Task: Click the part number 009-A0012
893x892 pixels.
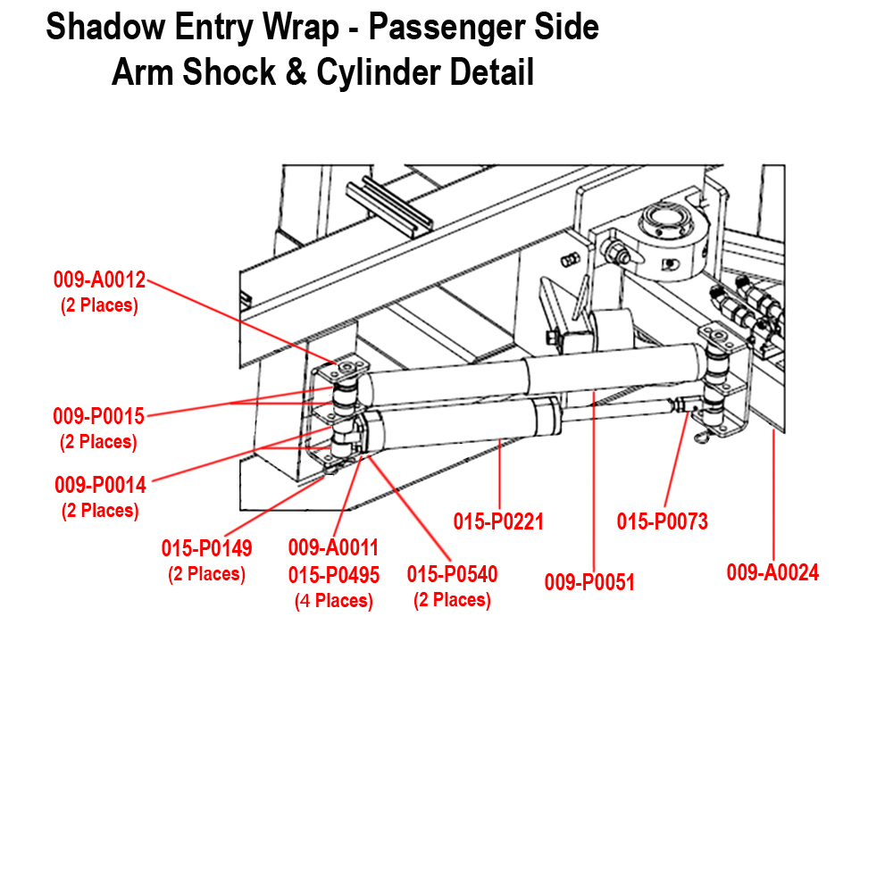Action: click(x=99, y=279)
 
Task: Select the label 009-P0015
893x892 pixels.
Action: click(x=98, y=416)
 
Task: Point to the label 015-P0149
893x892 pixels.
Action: click(x=206, y=548)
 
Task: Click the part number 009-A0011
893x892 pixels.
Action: click(x=333, y=547)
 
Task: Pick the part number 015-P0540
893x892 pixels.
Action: click(x=452, y=574)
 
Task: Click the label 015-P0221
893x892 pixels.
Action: click(x=498, y=521)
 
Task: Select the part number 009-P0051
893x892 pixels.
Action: click(x=589, y=583)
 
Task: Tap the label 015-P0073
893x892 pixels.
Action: click(x=662, y=521)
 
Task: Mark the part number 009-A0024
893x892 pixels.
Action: click(x=772, y=572)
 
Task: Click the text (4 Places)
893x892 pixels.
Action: click(x=333, y=601)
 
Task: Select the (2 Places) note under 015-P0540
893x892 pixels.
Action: click(x=452, y=600)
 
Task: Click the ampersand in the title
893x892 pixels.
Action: click(x=296, y=72)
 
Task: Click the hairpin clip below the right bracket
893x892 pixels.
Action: click(x=706, y=435)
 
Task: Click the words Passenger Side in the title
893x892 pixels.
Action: click(x=483, y=27)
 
